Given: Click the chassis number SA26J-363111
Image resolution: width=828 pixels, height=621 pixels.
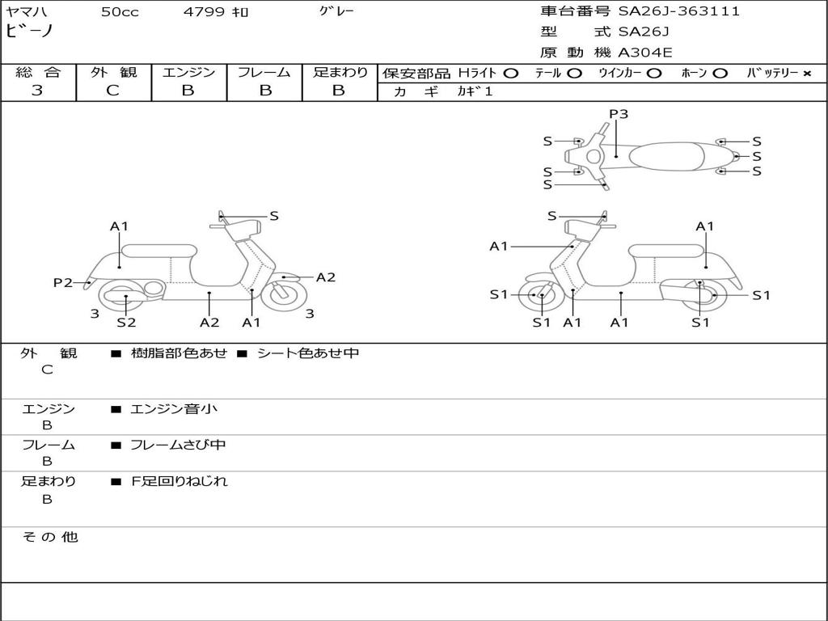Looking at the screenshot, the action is (x=679, y=11).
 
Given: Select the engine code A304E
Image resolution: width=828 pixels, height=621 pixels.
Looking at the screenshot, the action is (x=644, y=53).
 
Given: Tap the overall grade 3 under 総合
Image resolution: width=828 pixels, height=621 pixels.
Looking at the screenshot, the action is (x=37, y=91).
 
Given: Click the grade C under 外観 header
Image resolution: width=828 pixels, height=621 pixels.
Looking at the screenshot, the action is (x=112, y=91).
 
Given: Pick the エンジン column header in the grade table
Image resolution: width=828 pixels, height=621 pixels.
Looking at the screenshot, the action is (x=188, y=72).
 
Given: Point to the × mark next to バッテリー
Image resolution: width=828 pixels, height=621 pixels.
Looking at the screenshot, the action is (x=807, y=74).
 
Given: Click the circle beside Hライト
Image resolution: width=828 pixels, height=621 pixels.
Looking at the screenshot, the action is (x=511, y=74).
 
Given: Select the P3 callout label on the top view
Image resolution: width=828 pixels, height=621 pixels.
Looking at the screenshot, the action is (x=619, y=113).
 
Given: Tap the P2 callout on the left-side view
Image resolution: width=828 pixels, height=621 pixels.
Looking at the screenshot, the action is (x=63, y=282).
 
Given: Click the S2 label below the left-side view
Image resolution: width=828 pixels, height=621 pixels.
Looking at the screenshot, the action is (x=126, y=322).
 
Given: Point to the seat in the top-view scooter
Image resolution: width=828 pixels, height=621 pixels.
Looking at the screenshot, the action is (x=666, y=156).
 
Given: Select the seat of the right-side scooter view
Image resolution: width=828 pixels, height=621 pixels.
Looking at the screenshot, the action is (x=666, y=251).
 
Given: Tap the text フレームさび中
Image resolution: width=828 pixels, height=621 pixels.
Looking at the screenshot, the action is (x=178, y=445).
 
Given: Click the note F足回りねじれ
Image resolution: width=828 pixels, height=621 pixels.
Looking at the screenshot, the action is (x=179, y=481).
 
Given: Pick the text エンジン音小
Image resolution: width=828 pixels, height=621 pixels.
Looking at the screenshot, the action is (x=173, y=408).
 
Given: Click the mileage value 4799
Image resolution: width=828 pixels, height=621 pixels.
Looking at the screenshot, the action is (x=204, y=11).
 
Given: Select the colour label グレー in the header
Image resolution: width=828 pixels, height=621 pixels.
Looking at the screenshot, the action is (x=336, y=11).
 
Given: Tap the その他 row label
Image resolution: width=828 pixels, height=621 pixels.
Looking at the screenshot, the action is (x=50, y=537).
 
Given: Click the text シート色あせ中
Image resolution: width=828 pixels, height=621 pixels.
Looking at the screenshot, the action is (x=308, y=353).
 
